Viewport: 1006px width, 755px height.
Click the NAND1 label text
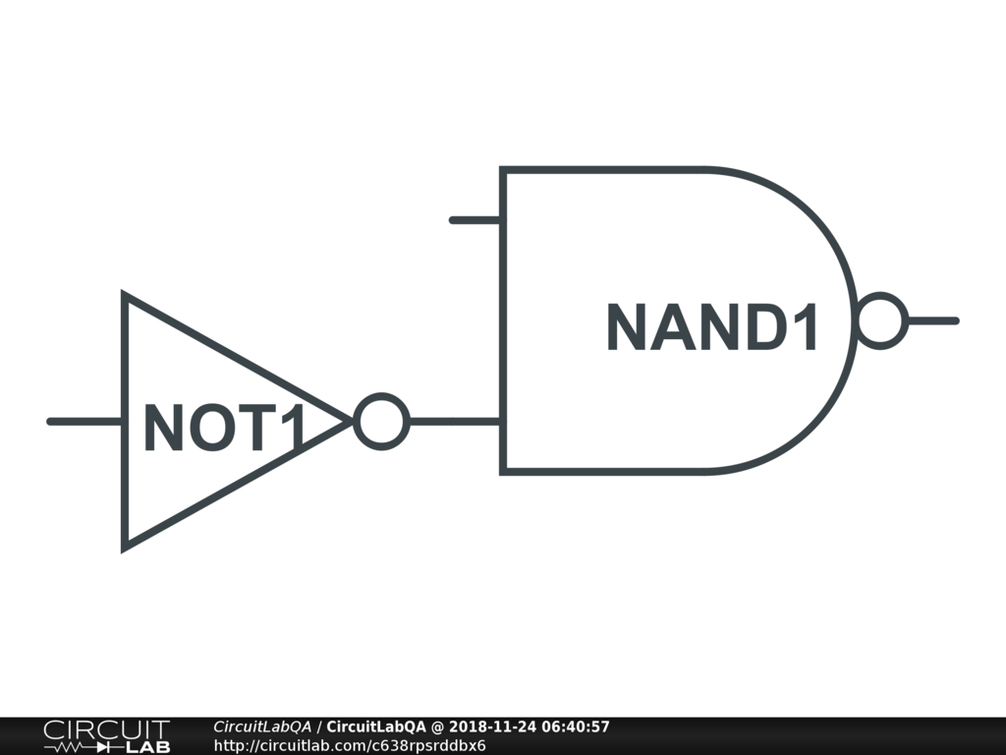click(712, 328)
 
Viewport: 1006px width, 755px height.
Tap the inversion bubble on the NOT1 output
click(380, 422)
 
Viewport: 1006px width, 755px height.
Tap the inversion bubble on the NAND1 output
click(880, 320)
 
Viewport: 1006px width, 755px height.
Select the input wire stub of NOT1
click(84, 422)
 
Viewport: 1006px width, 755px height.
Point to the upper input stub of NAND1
click(475, 220)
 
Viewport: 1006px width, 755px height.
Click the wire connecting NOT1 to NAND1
click(454, 422)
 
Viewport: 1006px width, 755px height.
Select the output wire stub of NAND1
click(931, 320)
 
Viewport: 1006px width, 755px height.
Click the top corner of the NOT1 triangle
click(125, 295)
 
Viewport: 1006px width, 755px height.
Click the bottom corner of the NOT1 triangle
click(125, 547)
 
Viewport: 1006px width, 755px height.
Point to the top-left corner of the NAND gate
click(503, 170)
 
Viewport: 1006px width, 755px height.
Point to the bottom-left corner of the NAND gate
click(503, 472)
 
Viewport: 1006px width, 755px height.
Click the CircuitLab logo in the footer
click(105, 736)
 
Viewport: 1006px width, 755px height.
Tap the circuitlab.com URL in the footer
click(349, 745)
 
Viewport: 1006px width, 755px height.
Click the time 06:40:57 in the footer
click(578, 727)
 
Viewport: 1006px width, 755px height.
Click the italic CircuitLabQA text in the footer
click(261, 727)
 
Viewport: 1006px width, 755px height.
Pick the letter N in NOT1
click(162, 429)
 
